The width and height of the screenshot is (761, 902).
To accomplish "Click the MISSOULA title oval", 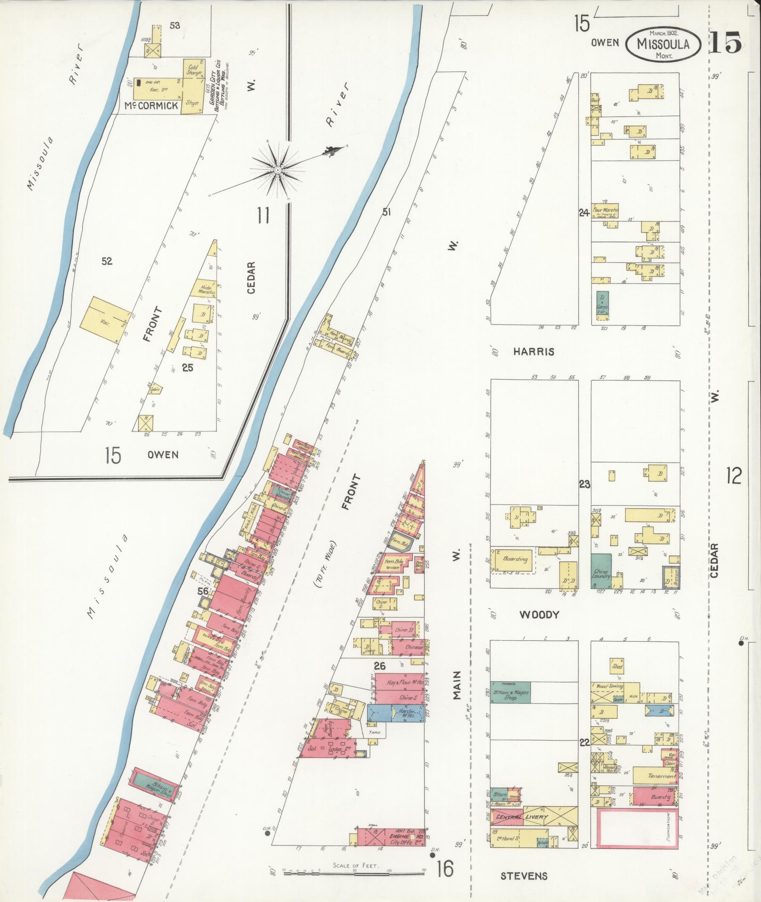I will coord(663,44).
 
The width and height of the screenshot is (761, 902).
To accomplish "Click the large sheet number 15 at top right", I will coord(726,43).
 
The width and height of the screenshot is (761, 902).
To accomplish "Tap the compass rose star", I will coord(278,169).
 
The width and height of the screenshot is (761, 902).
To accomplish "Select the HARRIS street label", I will coord(534,352).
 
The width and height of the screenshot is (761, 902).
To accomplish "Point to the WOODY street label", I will coord(539,614).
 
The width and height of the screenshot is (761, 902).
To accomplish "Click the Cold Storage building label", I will coord(193,71).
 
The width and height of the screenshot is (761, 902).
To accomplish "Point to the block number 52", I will coord(107,261).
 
